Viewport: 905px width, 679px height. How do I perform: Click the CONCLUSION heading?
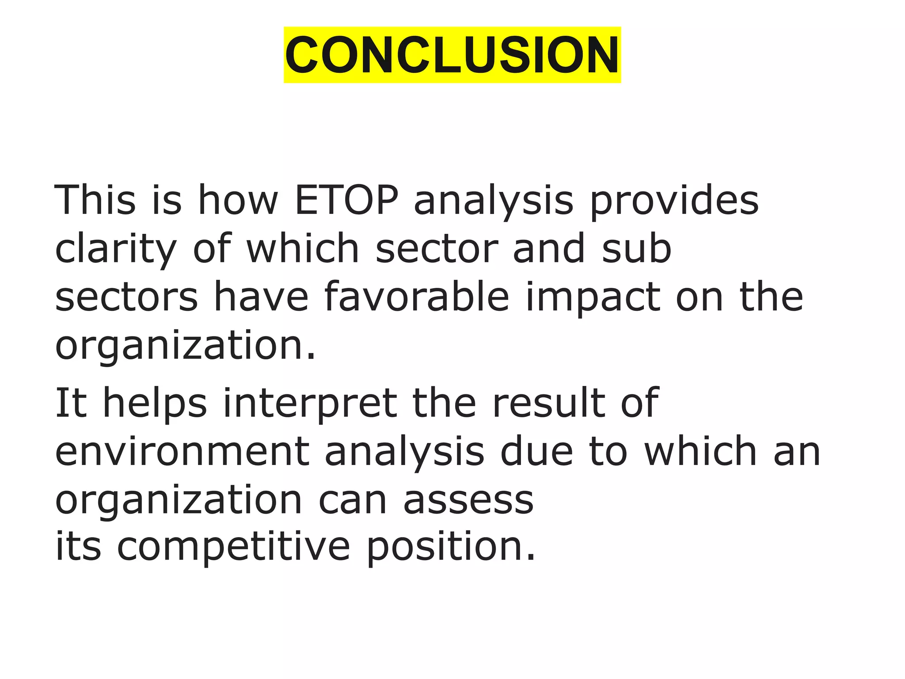pyautogui.click(x=452, y=55)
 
